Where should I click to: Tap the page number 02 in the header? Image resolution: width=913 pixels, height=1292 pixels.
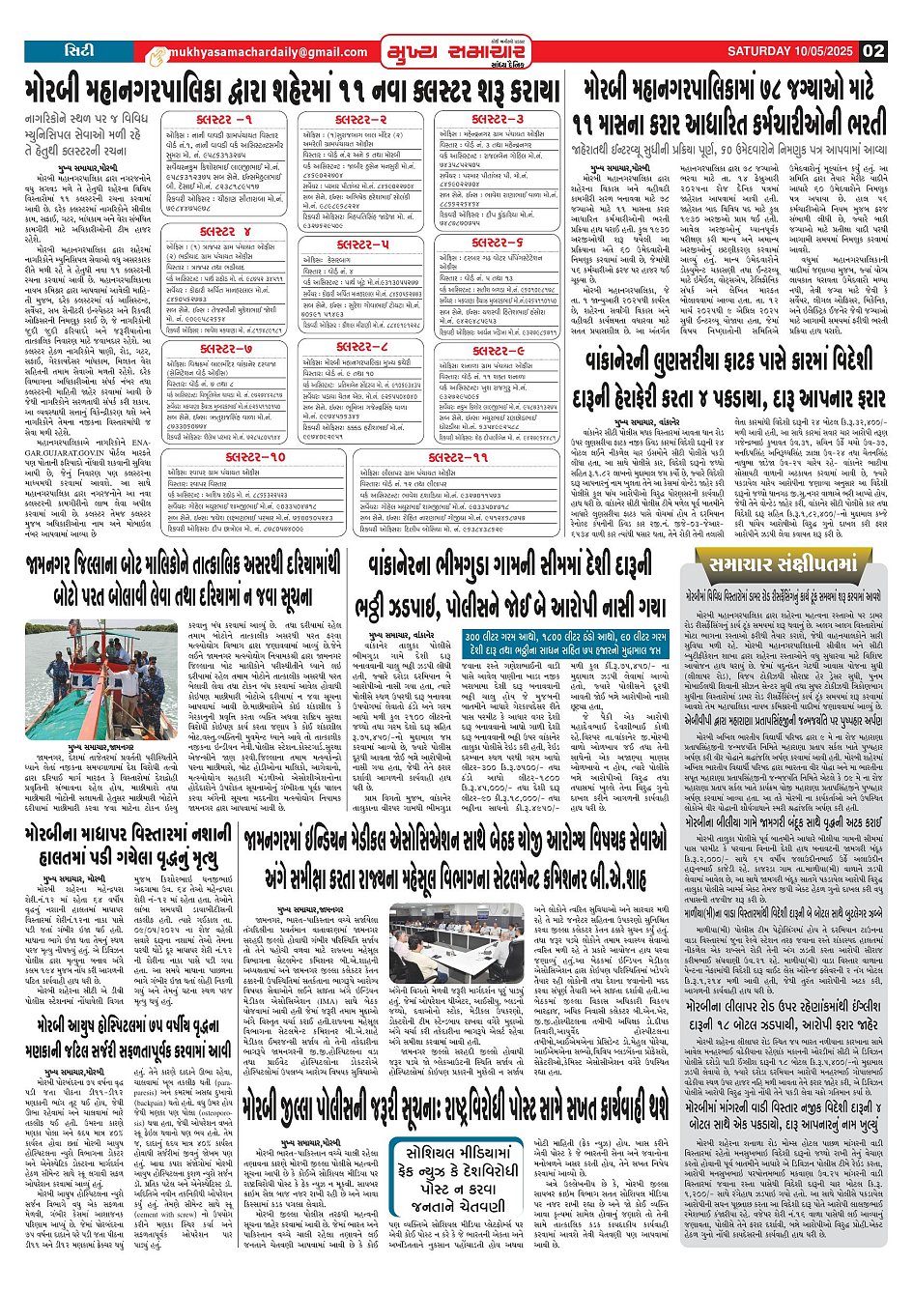tap(873, 51)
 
